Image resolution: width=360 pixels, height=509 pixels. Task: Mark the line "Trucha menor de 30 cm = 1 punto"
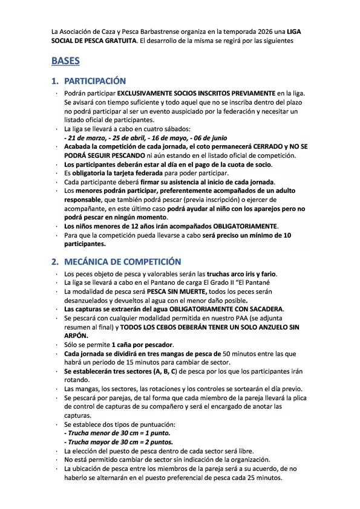click(x=117, y=433)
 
